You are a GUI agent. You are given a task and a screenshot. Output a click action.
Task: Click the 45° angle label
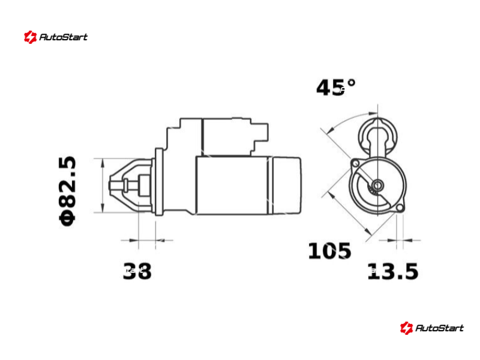336,88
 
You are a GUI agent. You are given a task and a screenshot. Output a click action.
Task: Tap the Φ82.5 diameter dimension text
67,191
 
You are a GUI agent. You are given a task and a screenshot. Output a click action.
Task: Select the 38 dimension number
137,271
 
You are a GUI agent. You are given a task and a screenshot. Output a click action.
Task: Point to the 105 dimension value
329,251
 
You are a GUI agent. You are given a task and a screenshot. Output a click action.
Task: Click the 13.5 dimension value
393,271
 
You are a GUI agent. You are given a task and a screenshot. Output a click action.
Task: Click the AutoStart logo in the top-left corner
56,37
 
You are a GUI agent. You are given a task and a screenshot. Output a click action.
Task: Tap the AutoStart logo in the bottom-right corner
431,328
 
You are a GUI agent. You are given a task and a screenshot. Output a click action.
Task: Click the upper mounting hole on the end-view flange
355,163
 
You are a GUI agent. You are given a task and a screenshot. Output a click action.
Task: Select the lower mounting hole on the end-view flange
400,208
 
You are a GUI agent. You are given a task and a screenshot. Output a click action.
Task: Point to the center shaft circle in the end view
378,185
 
